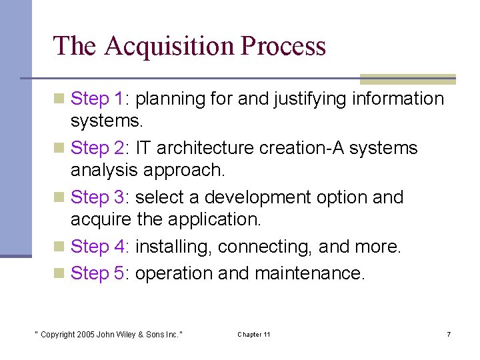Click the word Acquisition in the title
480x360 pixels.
[x=169, y=47]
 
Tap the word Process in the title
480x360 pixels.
[x=283, y=47]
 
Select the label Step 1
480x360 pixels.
[x=99, y=99]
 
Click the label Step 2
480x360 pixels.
[x=99, y=148]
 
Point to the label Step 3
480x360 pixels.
[x=99, y=197]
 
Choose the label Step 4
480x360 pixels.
[x=99, y=247]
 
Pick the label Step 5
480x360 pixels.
[x=99, y=273]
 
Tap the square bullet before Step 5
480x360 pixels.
[x=59, y=274]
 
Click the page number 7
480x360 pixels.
[x=449, y=334]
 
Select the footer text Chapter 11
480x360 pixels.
[x=254, y=334]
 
